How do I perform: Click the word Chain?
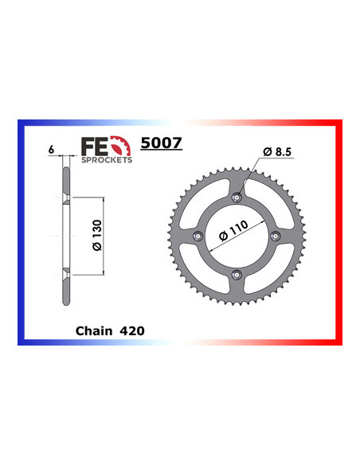[x=93, y=328]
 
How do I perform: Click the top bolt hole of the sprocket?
[x=236, y=197]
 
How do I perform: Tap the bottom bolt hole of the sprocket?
[x=236, y=275]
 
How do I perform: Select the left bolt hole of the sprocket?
[x=197, y=236]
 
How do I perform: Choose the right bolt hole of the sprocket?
[x=275, y=236]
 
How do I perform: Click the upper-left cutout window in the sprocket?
[x=202, y=202]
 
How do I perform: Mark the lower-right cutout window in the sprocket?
[x=269, y=270]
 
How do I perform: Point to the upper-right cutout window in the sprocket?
[x=269, y=202]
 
